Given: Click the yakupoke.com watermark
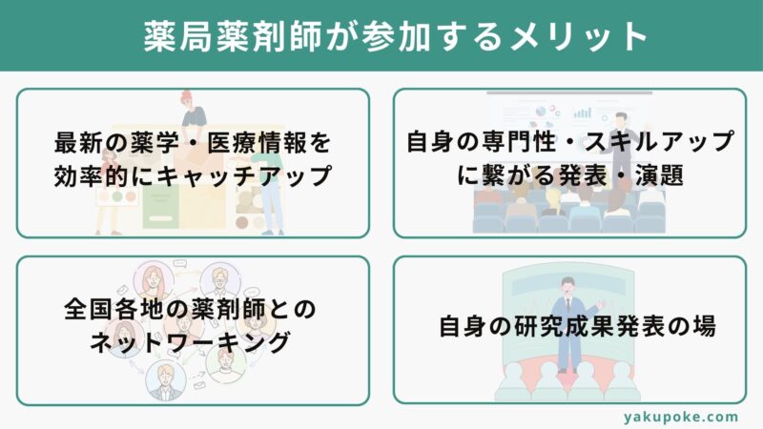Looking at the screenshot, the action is pyautogui.click(x=680, y=417).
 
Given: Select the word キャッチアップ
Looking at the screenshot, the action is pyautogui.click(x=245, y=175).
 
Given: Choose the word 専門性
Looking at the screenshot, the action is pyautogui.click(x=517, y=141).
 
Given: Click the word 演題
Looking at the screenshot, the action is pyautogui.click(x=659, y=174).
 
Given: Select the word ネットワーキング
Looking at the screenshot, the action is pyautogui.click(x=190, y=342).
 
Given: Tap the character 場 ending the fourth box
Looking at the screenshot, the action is pyautogui.click(x=704, y=326).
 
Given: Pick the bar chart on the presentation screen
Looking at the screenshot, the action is pyautogui.click(x=582, y=112).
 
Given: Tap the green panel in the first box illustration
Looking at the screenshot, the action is pyautogui.click(x=159, y=208).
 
